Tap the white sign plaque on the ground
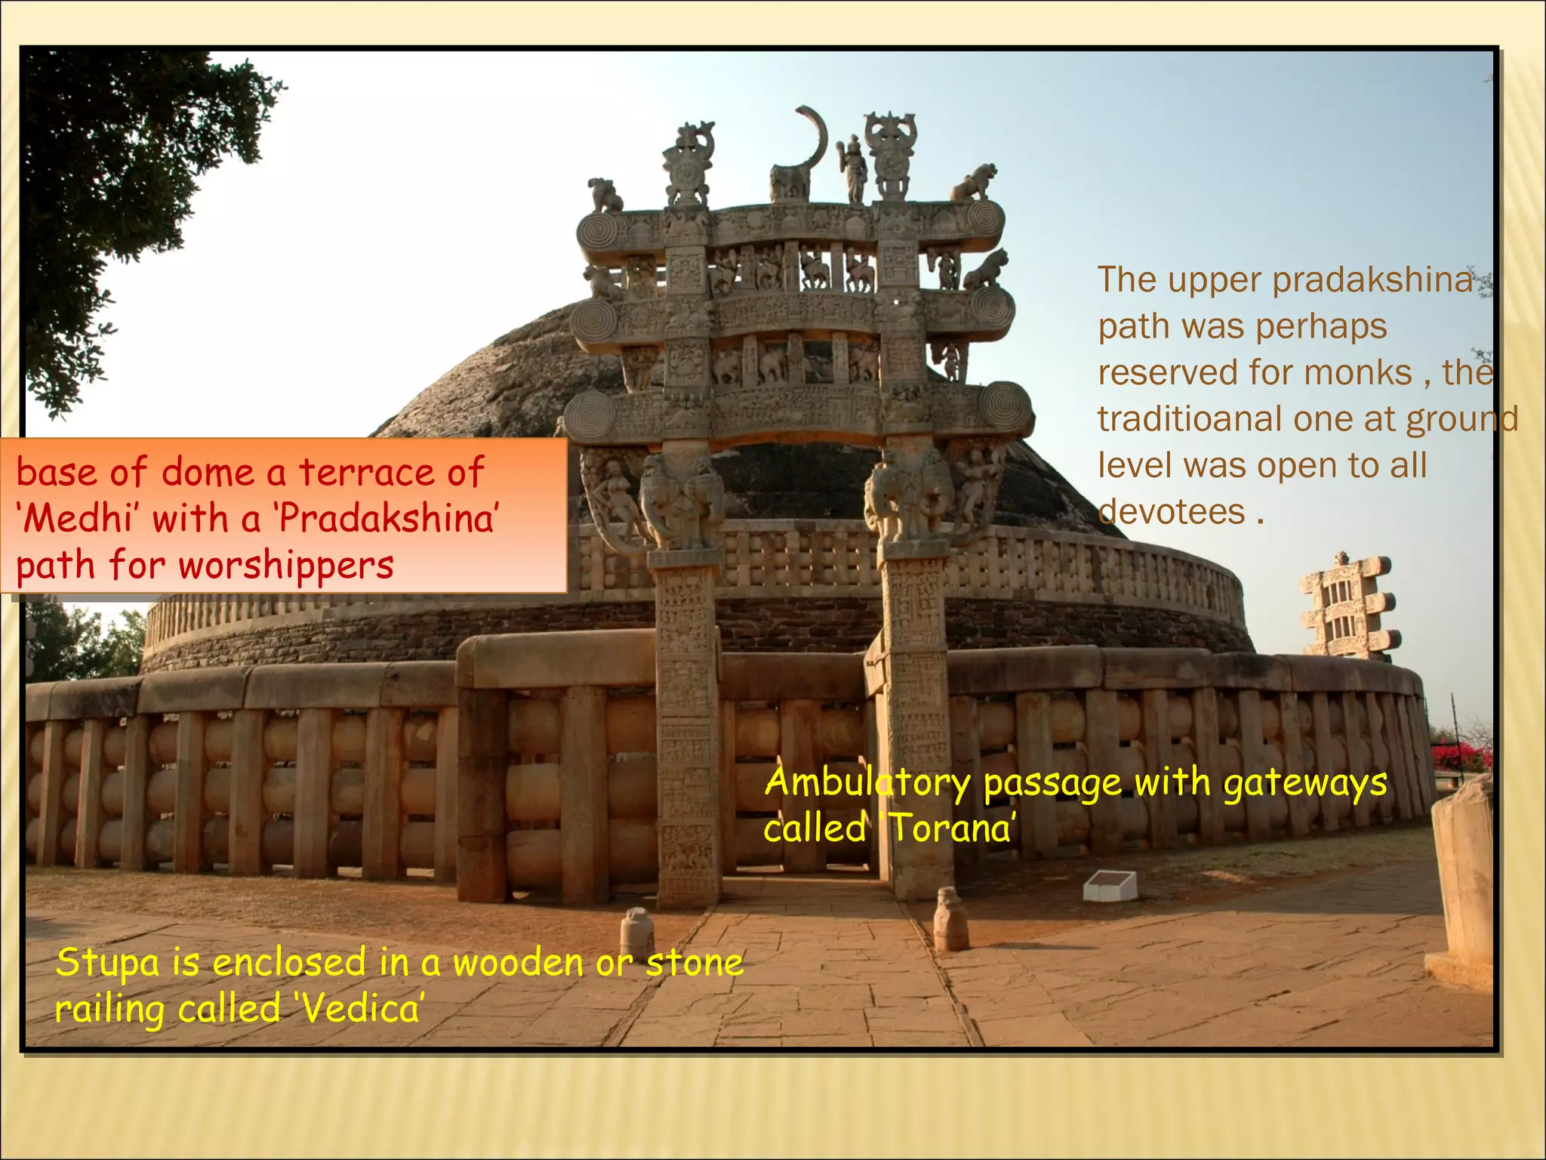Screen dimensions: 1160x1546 [x=1110, y=885]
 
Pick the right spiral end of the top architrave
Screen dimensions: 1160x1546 [x=984, y=218]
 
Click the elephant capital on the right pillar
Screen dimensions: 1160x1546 [x=910, y=495]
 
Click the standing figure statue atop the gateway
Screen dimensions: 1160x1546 [x=854, y=169]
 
